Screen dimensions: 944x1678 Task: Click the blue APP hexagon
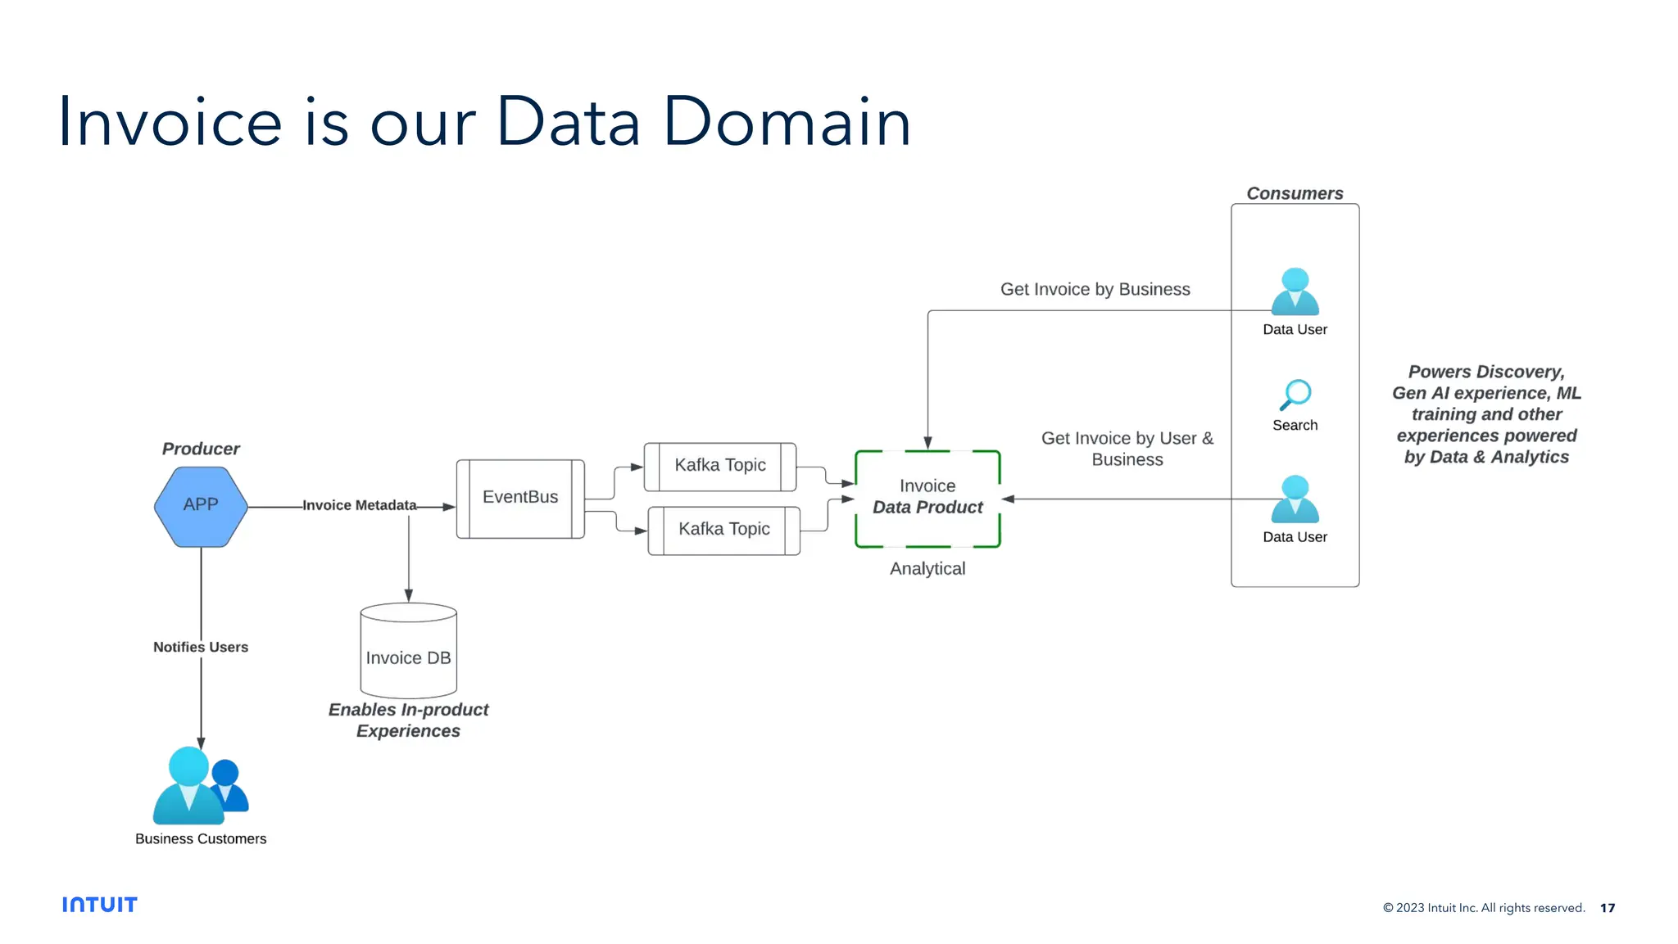coord(201,506)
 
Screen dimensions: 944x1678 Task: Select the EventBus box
coord(520,498)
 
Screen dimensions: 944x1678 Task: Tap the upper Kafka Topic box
coord(720,466)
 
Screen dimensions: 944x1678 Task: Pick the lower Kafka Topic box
coord(724,530)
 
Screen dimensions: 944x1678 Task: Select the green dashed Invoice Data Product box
coord(927,498)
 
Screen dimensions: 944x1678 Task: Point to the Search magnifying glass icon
coord(1295,395)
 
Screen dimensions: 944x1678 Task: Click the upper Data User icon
coord(1295,292)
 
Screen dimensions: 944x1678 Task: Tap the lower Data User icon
coord(1295,499)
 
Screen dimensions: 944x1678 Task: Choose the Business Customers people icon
coord(199,786)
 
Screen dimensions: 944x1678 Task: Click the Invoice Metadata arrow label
coord(359,505)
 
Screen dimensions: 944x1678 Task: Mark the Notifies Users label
coord(201,647)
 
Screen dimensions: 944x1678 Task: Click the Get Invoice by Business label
coord(1095,289)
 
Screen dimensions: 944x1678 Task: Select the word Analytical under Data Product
coord(927,568)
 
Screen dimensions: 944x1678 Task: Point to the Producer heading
coord(201,449)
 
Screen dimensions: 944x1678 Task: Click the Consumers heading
coord(1295,193)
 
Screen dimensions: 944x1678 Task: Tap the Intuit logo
coord(100,905)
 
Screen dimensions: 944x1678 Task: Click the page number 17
coord(1608,908)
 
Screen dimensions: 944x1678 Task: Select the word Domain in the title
coord(787,123)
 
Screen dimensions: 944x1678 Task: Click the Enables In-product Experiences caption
coord(408,720)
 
